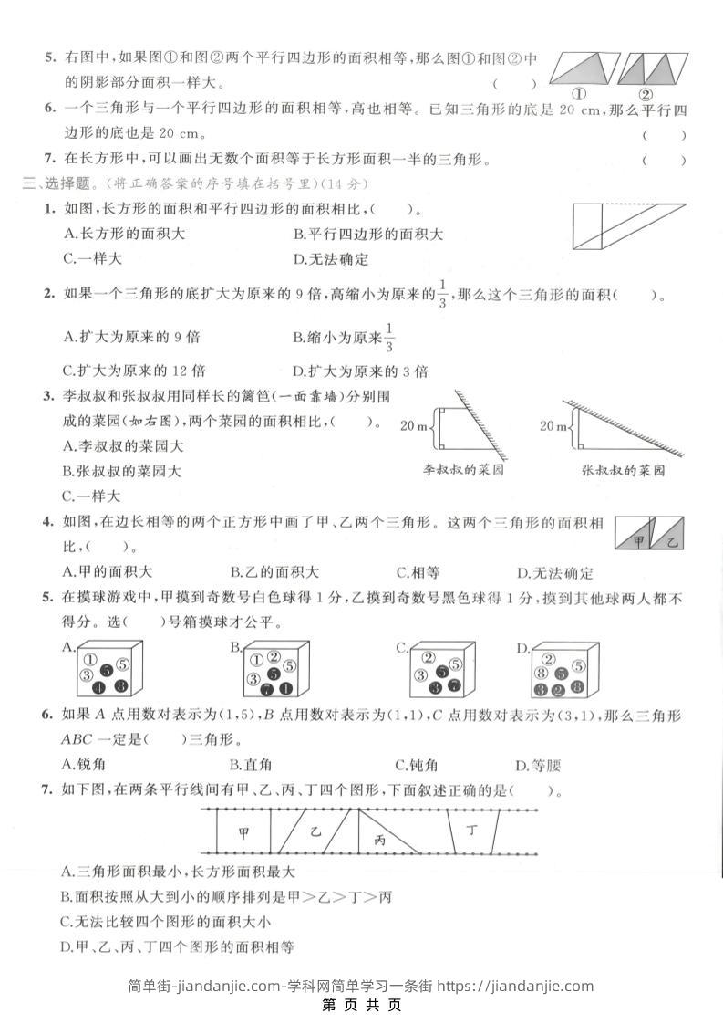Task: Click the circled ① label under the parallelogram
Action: coord(578,94)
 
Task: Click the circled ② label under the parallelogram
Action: coord(645,94)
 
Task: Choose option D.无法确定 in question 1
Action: coord(331,259)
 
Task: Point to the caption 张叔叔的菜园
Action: coord(623,471)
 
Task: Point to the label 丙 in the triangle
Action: coord(380,841)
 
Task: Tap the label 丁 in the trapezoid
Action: coord(471,831)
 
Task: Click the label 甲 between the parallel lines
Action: coord(243,832)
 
